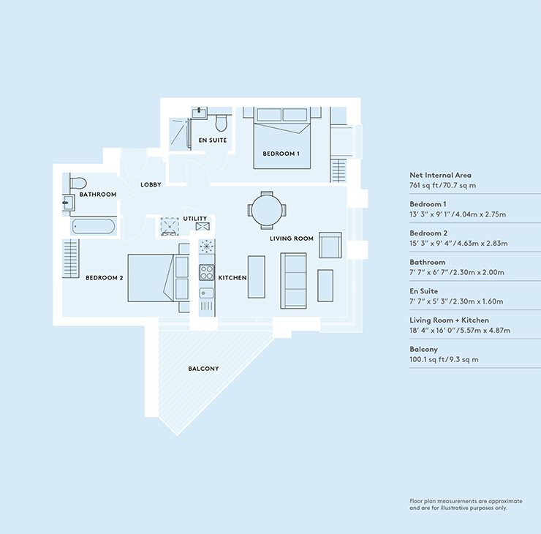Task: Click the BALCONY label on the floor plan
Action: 203,369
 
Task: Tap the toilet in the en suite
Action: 222,123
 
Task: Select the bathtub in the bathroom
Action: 94,227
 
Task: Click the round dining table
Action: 267,210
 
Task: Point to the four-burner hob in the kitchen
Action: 207,272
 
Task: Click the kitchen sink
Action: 206,293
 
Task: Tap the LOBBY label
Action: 151,184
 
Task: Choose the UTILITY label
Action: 195,219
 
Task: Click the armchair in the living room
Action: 330,245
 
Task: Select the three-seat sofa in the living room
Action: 293,281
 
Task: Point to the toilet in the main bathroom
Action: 78,183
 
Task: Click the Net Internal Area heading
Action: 440,175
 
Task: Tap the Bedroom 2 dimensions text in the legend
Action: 458,243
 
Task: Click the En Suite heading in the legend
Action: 424,291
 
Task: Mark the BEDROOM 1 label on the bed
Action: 281,154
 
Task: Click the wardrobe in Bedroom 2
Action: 71,258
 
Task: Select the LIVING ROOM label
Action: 292,238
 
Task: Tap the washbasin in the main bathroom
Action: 68,203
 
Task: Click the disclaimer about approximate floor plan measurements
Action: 466,504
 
